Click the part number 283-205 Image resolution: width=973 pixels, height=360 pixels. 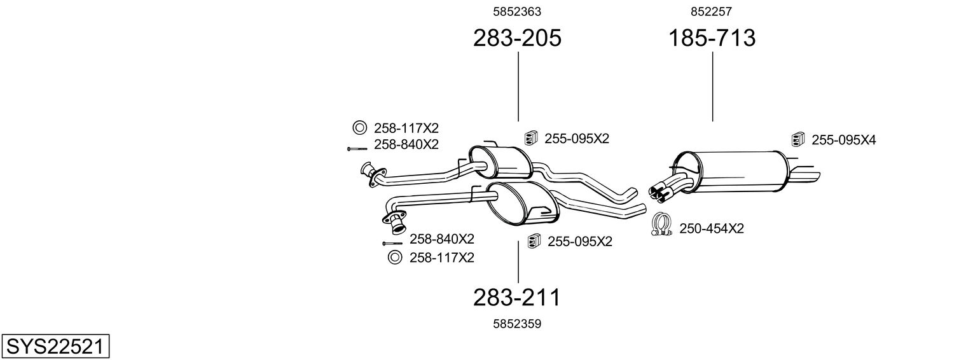[517, 38]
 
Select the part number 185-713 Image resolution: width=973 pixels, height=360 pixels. [712, 38]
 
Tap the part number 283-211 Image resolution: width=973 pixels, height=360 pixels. [517, 298]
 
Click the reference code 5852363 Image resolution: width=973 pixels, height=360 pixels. [517, 11]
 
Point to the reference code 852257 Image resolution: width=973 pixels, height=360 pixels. [712, 11]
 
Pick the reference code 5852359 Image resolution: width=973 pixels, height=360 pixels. [517, 324]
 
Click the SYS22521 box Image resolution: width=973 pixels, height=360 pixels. [55, 346]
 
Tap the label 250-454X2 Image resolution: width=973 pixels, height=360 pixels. [712, 228]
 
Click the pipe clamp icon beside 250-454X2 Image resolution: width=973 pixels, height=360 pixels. [661, 225]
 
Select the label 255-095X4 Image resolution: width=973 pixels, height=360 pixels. [844, 140]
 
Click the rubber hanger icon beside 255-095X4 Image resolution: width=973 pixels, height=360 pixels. [798, 139]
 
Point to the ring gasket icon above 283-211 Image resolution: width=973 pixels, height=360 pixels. [394, 258]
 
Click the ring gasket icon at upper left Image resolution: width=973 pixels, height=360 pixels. [359, 128]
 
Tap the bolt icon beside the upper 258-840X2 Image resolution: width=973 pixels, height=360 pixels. [357, 149]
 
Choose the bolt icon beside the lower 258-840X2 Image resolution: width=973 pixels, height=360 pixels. [392, 243]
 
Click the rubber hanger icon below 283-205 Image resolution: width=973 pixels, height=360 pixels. [531, 137]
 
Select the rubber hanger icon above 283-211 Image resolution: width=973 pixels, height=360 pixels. [534, 240]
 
